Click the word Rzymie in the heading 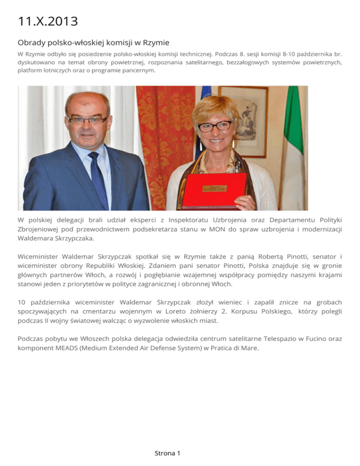[155, 43]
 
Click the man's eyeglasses [87, 120]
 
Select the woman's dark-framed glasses [215, 126]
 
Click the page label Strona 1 [167, 453]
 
